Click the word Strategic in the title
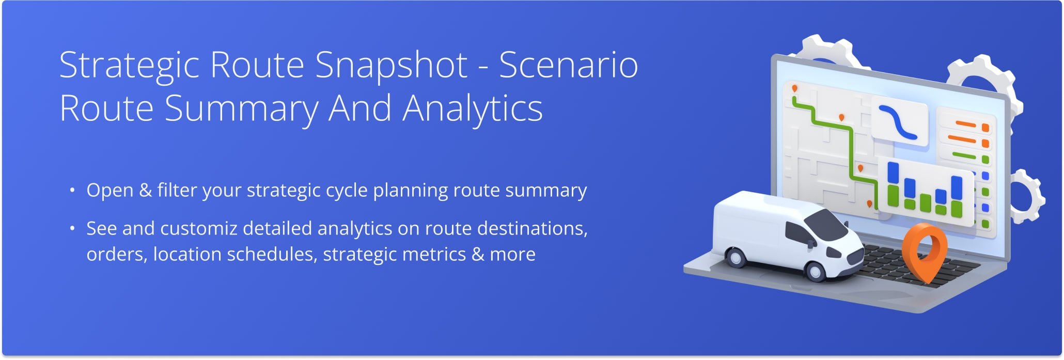click(129, 66)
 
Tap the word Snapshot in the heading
click(391, 66)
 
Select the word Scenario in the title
click(568, 66)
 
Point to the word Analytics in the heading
click(473, 109)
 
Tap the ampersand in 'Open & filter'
click(146, 191)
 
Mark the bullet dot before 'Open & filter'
click(73, 191)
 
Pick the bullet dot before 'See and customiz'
click(73, 229)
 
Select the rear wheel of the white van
click(734, 257)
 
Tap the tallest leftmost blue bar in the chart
click(893, 173)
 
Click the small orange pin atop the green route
click(795, 89)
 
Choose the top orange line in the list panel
click(965, 124)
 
